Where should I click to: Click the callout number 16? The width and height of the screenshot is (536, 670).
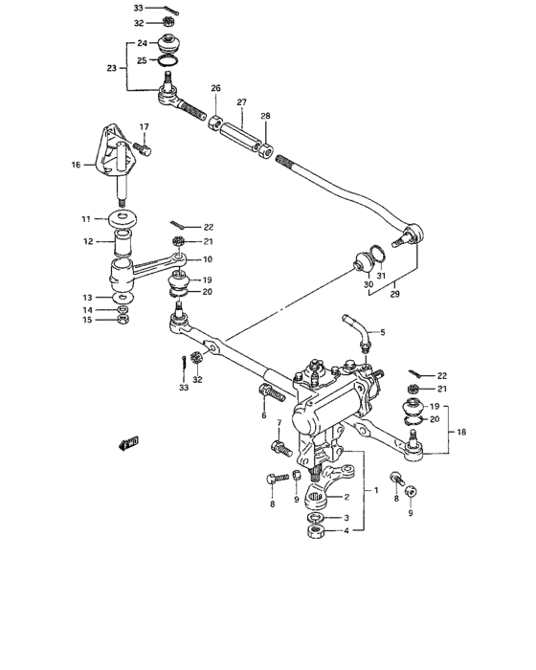[x=75, y=165]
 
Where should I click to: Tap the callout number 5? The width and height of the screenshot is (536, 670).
[x=383, y=332]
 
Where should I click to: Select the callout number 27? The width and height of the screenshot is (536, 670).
[x=242, y=102]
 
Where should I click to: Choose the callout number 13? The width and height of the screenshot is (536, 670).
[x=87, y=297]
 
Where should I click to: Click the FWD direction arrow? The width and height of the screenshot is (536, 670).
[x=128, y=441]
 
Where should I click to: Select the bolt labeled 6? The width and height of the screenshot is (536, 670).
[x=269, y=392]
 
